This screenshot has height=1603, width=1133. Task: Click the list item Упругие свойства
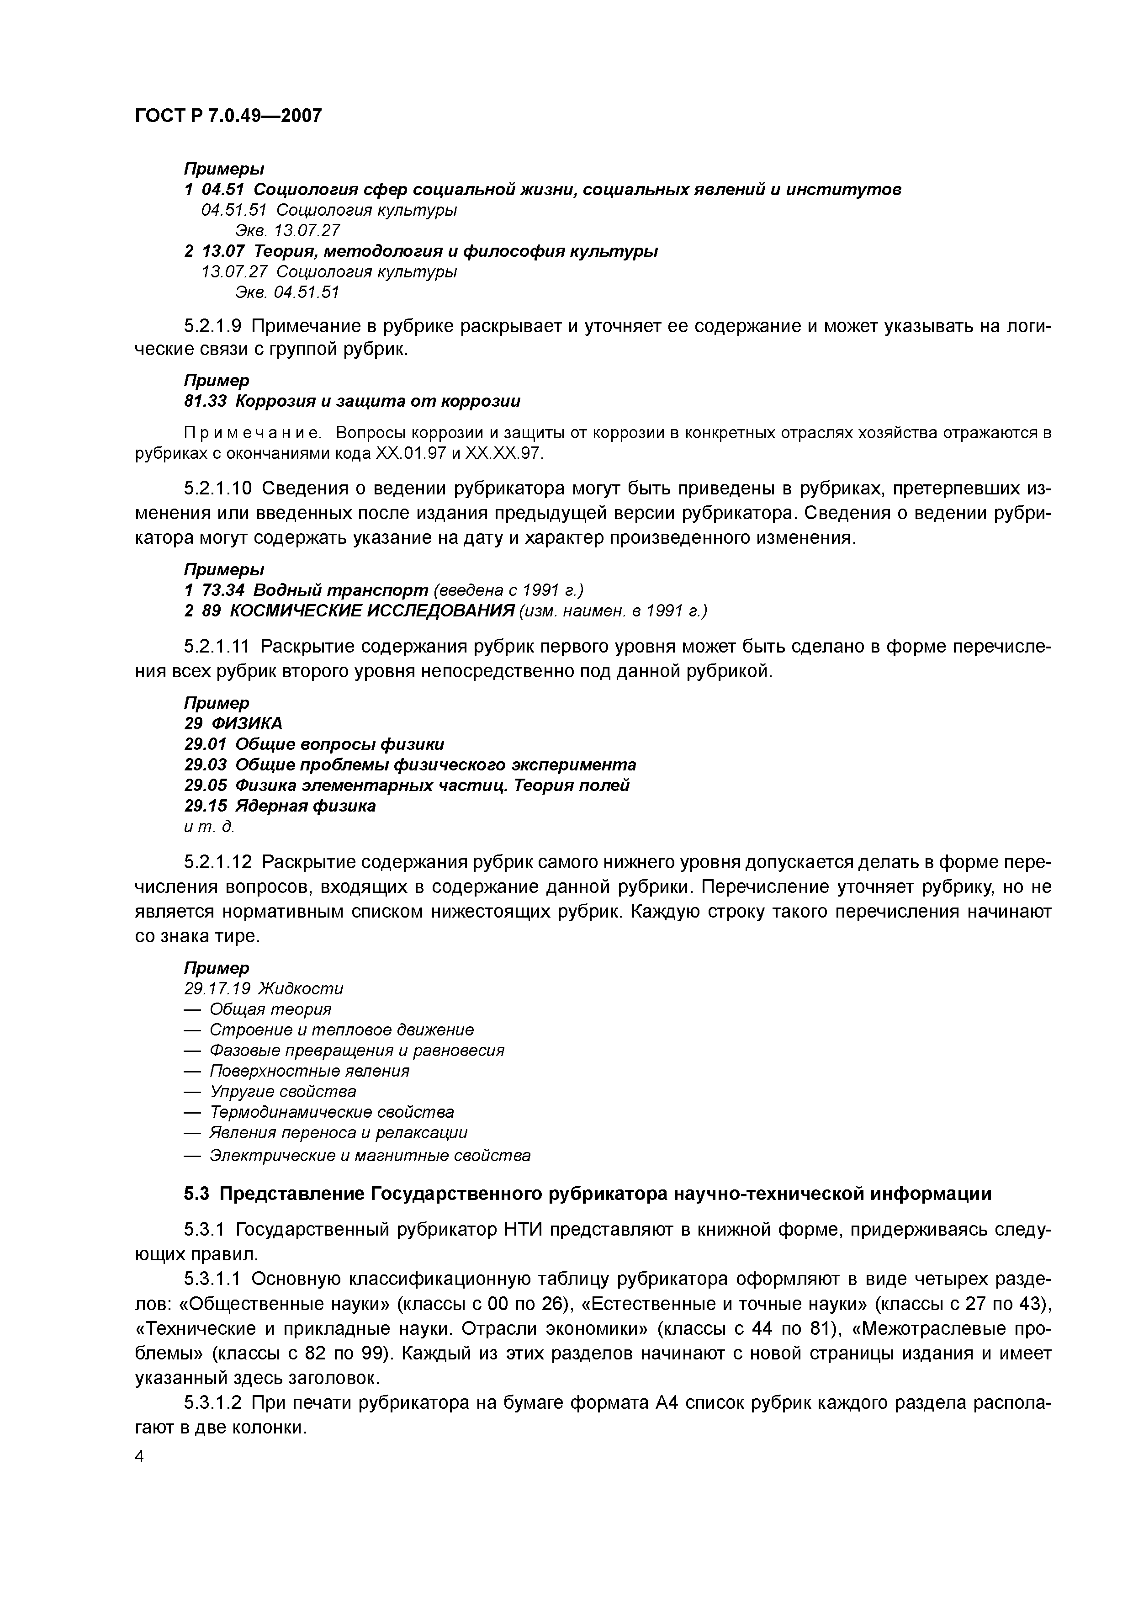[x=283, y=1091]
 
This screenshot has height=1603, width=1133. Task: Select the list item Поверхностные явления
[x=309, y=1071]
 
